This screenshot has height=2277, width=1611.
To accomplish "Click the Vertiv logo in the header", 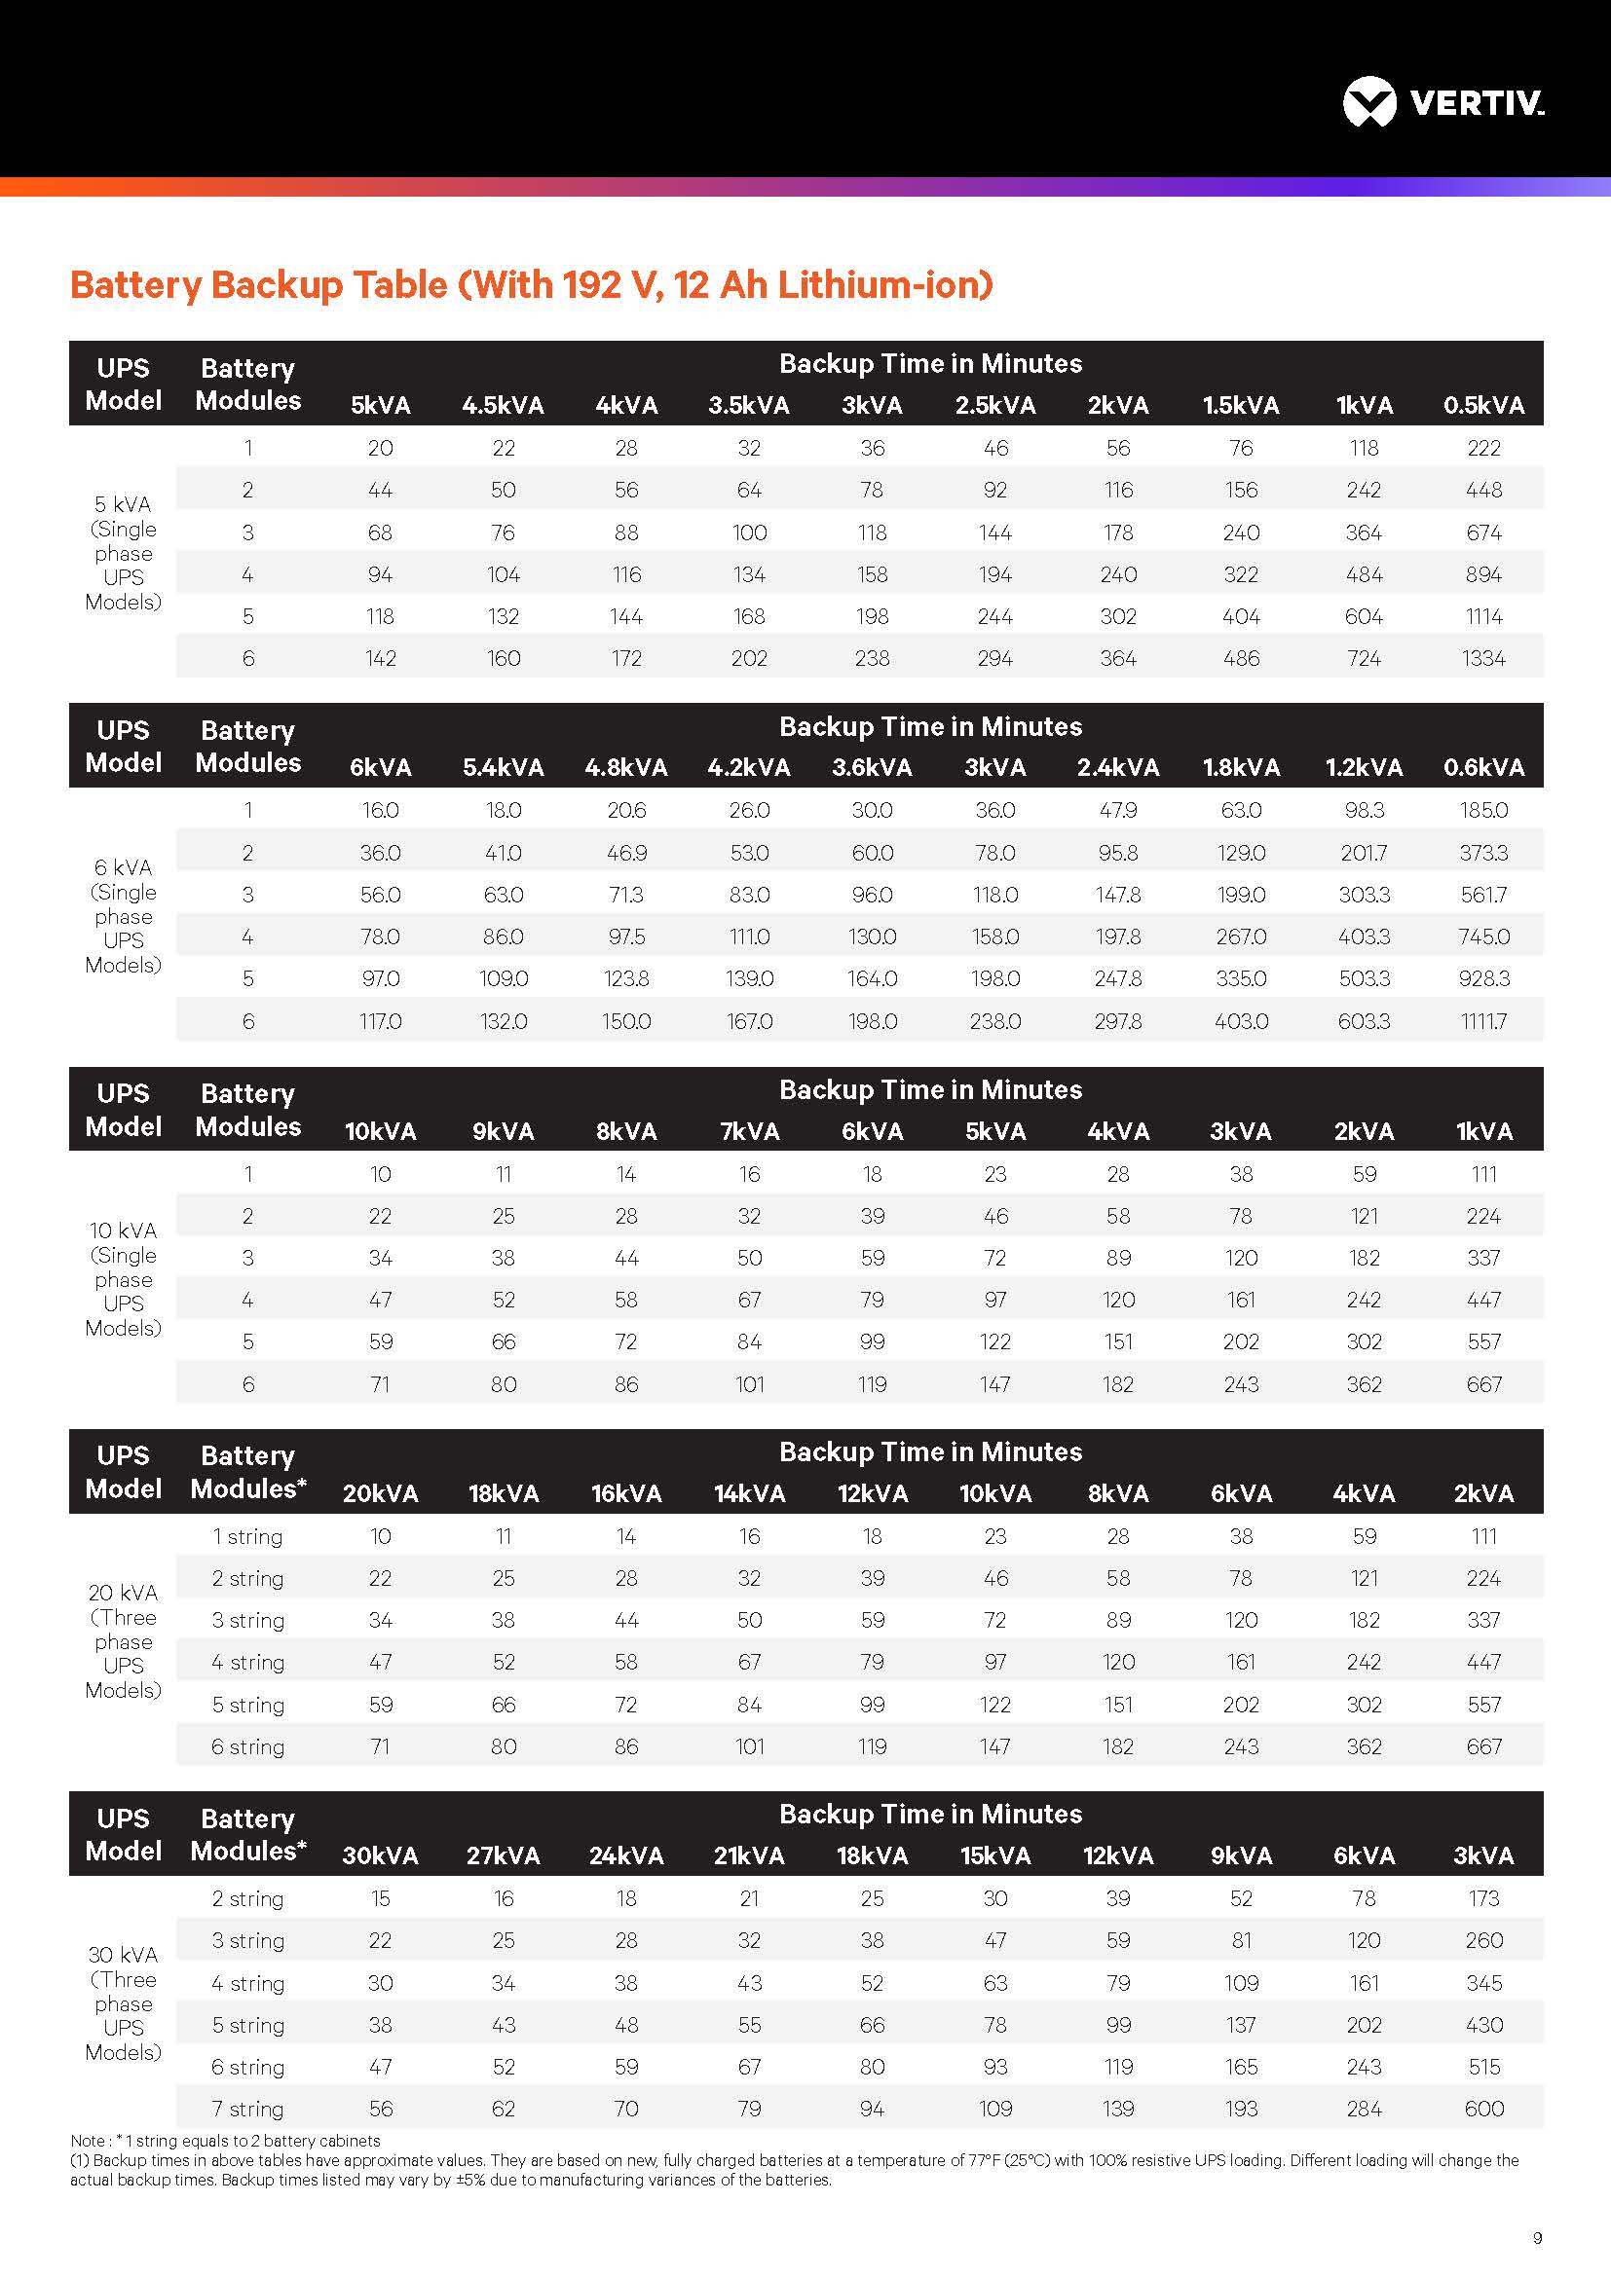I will [1442, 102].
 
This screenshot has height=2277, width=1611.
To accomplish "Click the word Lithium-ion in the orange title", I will [884, 284].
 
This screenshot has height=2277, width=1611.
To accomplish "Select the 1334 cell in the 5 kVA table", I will [1483, 658].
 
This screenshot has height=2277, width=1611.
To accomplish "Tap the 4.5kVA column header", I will [503, 406].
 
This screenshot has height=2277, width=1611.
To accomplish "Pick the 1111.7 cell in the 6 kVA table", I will [1483, 1021].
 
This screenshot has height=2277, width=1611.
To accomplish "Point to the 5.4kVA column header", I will [503, 767].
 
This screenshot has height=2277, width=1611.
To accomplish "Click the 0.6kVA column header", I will [1483, 767].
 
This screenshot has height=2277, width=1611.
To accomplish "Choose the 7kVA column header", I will [749, 1131].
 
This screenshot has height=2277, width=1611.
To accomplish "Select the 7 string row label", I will [248, 2110].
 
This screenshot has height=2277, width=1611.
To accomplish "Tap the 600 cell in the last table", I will [1483, 2110].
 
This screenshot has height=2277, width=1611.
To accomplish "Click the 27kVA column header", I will [503, 1855].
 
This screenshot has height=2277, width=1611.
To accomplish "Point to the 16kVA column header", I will [626, 1493].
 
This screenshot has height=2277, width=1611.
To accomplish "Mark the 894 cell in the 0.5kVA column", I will [1483, 575].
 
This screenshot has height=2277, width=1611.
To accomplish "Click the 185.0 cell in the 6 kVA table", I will [1483, 810].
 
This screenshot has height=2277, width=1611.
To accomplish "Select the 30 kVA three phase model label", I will [123, 2003].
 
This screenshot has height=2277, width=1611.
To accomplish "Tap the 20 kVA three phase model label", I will [123, 1641].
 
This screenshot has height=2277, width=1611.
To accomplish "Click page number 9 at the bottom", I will [1538, 2238].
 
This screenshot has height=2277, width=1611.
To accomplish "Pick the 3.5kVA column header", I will [749, 406].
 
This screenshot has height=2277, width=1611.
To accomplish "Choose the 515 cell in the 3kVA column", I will [1483, 2067].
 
